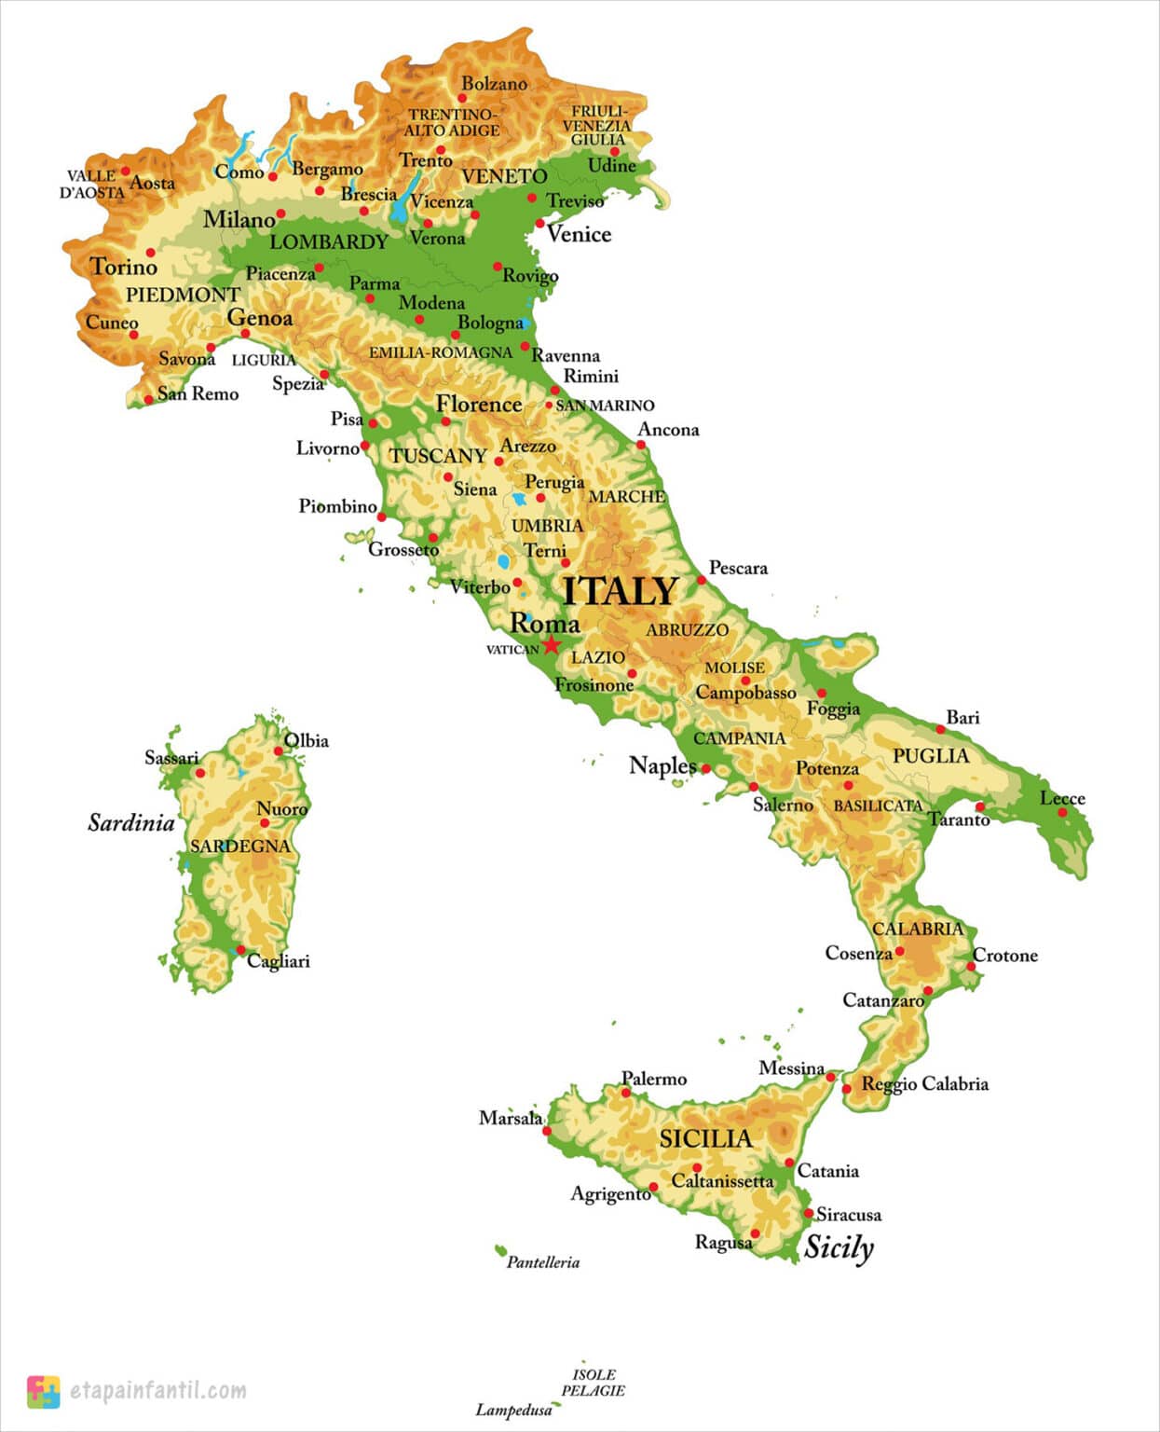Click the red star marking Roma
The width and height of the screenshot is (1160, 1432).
(x=551, y=644)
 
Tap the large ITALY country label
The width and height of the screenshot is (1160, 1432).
(x=621, y=591)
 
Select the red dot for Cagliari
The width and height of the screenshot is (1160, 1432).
(x=240, y=950)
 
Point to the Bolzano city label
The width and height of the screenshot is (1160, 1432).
(x=494, y=84)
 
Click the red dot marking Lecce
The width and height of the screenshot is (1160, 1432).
(x=1062, y=813)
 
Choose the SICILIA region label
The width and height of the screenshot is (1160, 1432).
(x=705, y=1138)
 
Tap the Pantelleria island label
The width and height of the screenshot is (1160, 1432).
(x=543, y=1262)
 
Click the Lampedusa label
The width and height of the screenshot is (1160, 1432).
(x=513, y=1410)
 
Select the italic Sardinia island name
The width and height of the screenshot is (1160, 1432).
(x=131, y=822)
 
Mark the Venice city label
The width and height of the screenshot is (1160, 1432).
(x=579, y=234)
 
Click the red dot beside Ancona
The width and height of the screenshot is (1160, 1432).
(x=641, y=445)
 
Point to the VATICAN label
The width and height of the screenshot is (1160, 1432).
(x=512, y=650)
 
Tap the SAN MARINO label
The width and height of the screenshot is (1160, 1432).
(x=605, y=406)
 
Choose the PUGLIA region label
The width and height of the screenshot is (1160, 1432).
(x=931, y=756)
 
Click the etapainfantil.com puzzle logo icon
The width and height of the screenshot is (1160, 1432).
(x=43, y=1391)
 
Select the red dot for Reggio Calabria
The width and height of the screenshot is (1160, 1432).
(x=847, y=1088)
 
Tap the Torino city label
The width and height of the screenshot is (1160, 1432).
(x=124, y=268)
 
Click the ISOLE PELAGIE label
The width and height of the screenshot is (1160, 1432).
(x=594, y=1383)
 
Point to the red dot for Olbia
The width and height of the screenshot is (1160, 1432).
(x=279, y=750)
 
